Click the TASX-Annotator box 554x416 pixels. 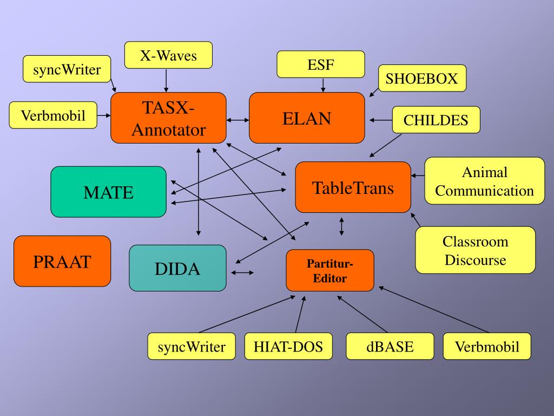pos(168,118)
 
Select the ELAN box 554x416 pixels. pos(307,118)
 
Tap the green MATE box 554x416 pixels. pos(108,192)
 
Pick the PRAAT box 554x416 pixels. pos(62,261)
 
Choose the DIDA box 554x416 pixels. pos(177,268)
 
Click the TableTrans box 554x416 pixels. pos(353,187)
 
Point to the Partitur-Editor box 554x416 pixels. pos(329,270)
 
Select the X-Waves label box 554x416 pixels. pos(168,55)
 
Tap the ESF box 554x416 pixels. pos(321,64)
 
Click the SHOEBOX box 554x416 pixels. pos(421,79)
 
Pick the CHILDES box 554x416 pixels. pos(436,120)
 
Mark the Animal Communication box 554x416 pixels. pos(484,181)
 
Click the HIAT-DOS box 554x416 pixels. pos(288,347)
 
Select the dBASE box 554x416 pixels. pos(390,347)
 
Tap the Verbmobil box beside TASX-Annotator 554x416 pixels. pos(53,115)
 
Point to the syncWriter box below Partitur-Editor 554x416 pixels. pos(192,347)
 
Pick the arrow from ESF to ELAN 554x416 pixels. pos(323,84)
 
